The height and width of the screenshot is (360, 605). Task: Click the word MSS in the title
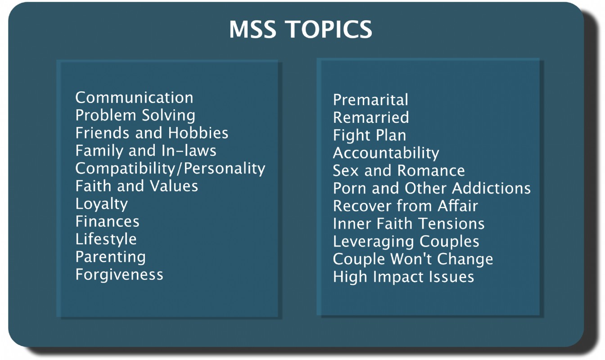(253, 29)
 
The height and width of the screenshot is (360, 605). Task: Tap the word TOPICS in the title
(329, 29)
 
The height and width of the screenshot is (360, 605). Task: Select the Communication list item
(134, 98)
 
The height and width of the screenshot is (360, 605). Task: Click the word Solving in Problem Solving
(168, 116)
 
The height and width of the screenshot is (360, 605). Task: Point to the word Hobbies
(198, 133)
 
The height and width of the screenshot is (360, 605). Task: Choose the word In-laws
(189, 150)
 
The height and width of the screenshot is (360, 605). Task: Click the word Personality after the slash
(225, 169)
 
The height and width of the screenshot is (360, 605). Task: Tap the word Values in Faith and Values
(174, 186)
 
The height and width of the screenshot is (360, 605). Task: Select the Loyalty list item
(102, 204)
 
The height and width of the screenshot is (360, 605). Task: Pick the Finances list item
(107, 221)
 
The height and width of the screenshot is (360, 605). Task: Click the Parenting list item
(110, 257)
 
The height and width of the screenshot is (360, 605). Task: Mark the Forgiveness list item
(119, 274)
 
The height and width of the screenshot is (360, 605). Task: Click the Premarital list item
(370, 99)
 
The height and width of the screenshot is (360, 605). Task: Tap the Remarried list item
(371, 117)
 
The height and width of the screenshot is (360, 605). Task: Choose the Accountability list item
(386, 153)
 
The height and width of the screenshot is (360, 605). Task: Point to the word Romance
(431, 171)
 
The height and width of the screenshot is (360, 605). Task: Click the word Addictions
(491, 188)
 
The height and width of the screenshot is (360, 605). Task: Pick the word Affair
(458, 206)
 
